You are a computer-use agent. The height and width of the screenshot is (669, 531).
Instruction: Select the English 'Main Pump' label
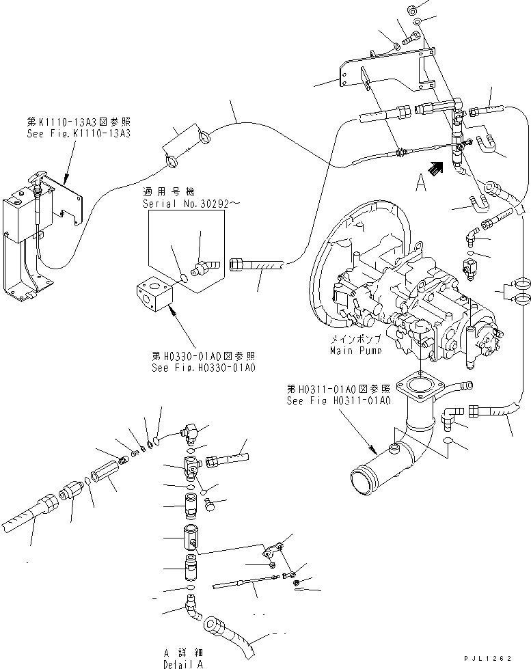point(355,350)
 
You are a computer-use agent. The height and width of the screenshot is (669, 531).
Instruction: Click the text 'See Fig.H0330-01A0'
point(204,368)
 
